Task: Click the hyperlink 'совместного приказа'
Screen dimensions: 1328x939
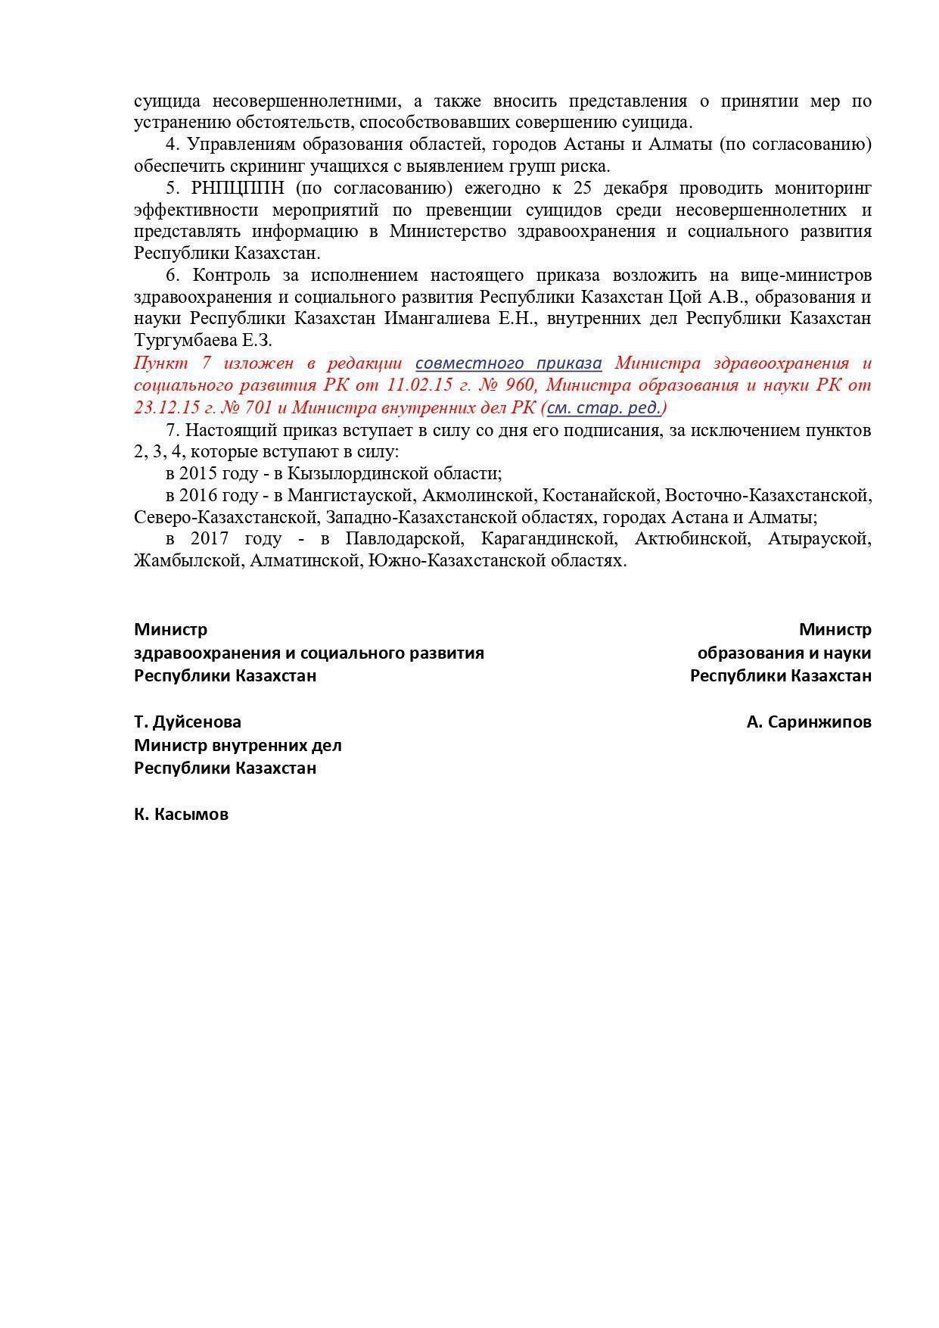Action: click(508, 363)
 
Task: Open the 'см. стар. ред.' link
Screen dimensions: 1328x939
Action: click(604, 407)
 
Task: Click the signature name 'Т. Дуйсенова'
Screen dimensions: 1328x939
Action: click(188, 722)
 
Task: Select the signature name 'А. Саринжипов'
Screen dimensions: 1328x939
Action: click(808, 722)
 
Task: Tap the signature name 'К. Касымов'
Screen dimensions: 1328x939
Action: click(182, 815)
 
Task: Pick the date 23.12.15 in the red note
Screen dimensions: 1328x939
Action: click(166, 407)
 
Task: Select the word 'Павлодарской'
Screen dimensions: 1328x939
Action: click(404, 539)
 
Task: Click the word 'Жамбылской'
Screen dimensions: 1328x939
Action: click(186, 561)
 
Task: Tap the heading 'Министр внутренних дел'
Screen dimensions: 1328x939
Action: click(238, 745)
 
